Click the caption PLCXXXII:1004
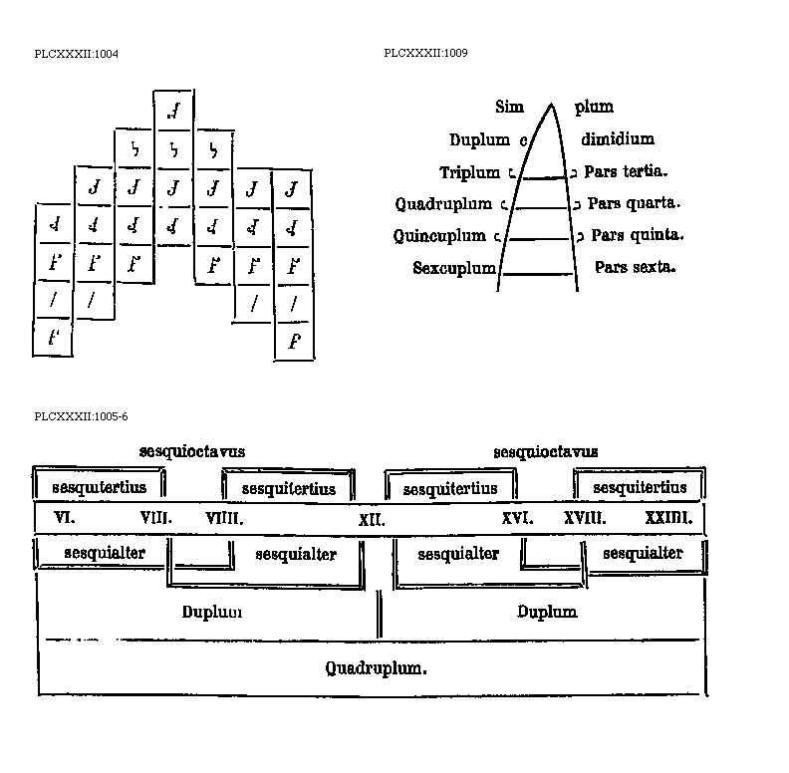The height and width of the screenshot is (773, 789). tap(77, 53)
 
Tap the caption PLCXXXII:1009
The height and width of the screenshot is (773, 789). tap(425, 53)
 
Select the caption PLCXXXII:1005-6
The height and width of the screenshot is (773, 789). tap(81, 416)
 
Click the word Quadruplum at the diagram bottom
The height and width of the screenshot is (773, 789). tap(376, 668)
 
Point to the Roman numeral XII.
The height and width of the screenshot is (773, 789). tap(372, 519)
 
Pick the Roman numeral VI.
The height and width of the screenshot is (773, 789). tap(65, 517)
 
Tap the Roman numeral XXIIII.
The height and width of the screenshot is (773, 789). tap(668, 518)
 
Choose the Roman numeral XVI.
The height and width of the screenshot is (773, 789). tap(517, 518)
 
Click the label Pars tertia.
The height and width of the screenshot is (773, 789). tap(626, 171)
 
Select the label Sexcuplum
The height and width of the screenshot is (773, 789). tap(454, 268)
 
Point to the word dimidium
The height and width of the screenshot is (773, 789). tap(618, 139)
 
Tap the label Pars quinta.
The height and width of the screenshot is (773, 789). tap(637, 236)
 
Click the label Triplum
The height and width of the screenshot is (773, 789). tap(469, 172)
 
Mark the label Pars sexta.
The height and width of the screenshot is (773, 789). tap(635, 267)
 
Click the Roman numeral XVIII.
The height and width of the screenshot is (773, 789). tap(585, 518)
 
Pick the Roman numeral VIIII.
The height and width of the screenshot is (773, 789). tap(224, 518)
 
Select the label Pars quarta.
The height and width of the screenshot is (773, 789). tap(634, 203)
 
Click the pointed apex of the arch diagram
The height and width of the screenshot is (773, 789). tap(549, 103)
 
